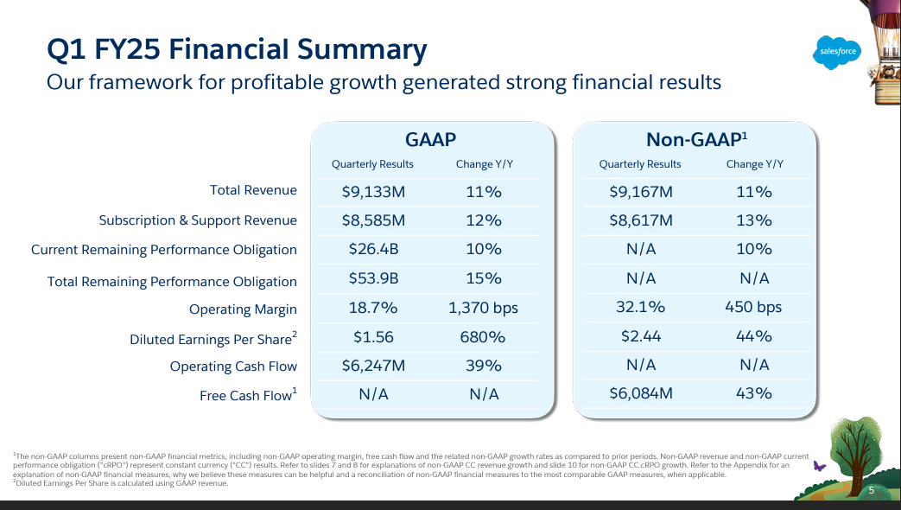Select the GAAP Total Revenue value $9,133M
coord(372,192)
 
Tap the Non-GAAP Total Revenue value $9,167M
coord(640,192)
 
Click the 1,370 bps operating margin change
coord(484,307)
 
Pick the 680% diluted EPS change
coord(484,336)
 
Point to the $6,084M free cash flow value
coord(640,393)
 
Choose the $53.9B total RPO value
coord(372,278)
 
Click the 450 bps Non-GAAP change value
coord(753,307)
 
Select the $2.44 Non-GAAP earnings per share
coord(640,336)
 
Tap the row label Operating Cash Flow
coord(233,367)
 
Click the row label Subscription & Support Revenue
coord(198,220)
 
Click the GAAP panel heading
coord(430,140)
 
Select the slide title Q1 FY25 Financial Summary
coord(237,50)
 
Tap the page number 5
coord(872,491)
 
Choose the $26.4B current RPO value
coord(372,249)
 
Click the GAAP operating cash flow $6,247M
coord(372,365)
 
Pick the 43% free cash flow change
coord(753,393)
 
